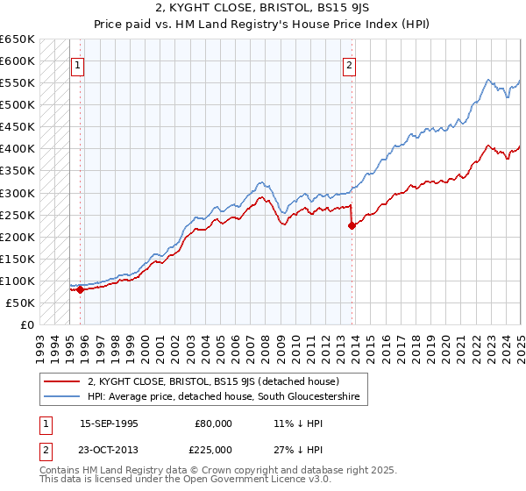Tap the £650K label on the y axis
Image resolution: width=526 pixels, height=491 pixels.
(x=18, y=39)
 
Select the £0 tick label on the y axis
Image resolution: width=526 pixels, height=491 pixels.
(x=27, y=324)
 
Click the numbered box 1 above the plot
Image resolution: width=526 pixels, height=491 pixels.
(x=76, y=64)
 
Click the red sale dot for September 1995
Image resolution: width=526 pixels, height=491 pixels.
(x=80, y=289)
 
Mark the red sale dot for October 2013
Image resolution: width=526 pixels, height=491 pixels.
(x=352, y=225)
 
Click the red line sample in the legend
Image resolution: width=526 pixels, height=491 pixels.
(x=60, y=381)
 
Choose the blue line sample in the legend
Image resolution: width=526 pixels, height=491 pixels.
(x=60, y=397)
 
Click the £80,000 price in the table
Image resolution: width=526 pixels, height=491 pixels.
(x=214, y=423)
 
